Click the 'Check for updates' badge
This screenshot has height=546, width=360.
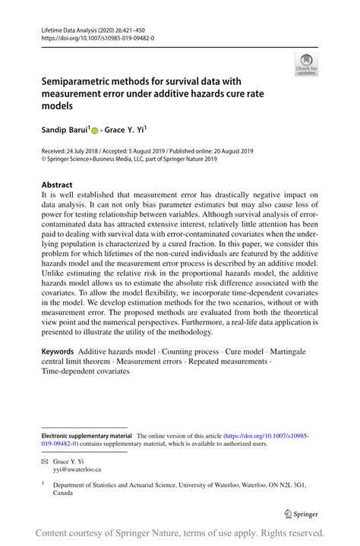pyautogui.click(x=306, y=64)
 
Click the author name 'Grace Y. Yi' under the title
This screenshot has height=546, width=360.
pyautogui.click(x=128, y=131)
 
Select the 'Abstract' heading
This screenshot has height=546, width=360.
pyautogui.click(x=57, y=185)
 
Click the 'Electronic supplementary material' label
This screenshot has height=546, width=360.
pyautogui.click(x=86, y=436)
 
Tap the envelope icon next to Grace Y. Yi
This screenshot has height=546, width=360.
pyautogui.click(x=44, y=461)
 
